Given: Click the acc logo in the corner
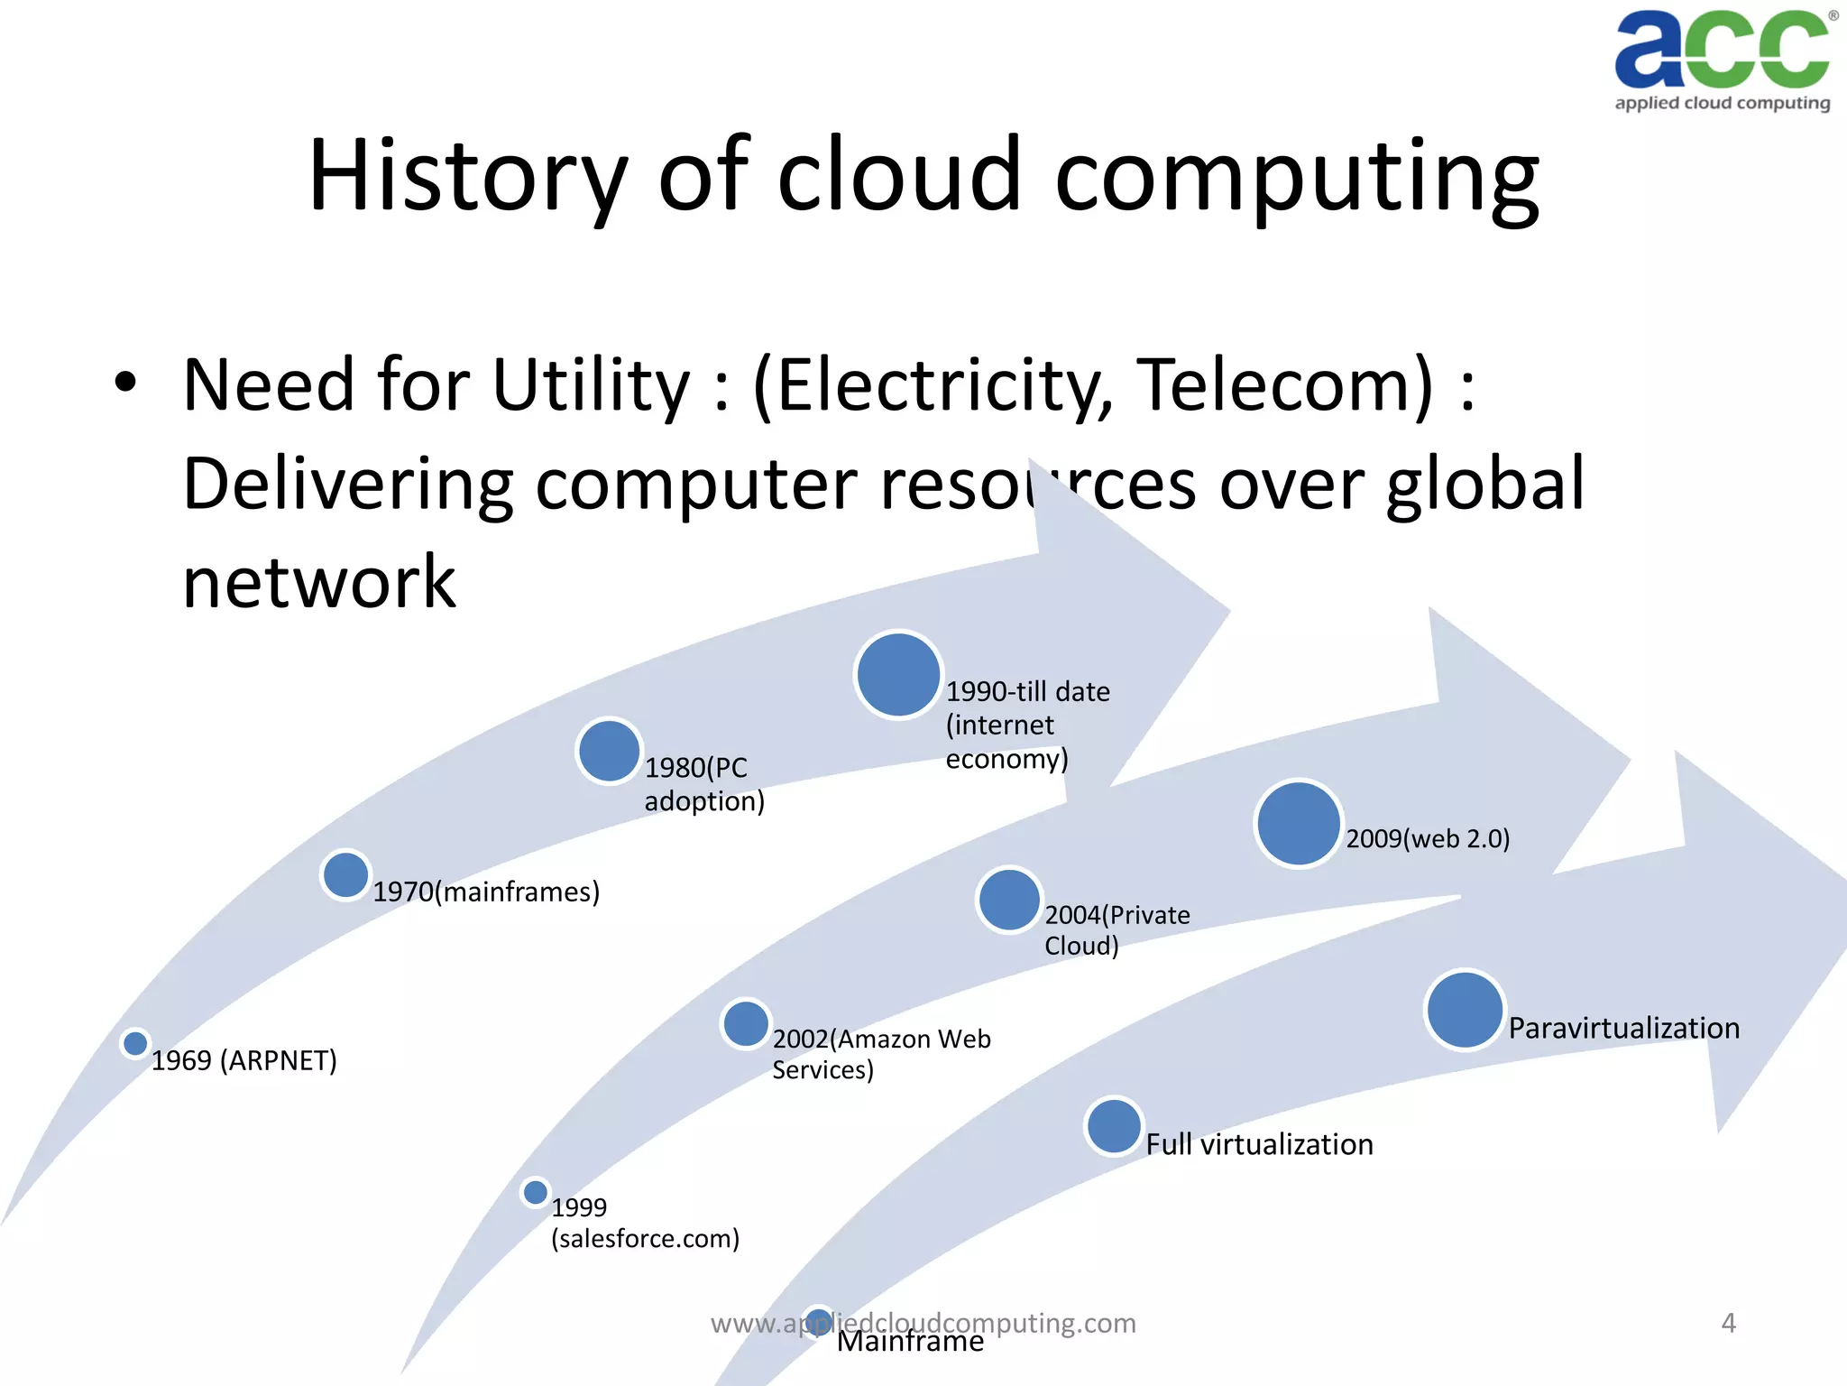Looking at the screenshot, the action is click(1722, 60).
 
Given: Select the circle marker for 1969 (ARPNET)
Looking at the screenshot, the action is click(135, 1044).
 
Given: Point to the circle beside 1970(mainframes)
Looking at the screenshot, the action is click(345, 875).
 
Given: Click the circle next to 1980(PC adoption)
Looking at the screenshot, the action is click(609, 751).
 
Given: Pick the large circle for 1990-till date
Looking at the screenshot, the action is click(898, 675).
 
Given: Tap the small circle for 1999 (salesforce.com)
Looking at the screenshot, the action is click(536, 1192).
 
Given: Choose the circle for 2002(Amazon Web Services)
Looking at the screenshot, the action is click(746, 1024).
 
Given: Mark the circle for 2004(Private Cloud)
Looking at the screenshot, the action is click(1009, 900).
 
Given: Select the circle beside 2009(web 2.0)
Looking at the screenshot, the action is click(1299, 824).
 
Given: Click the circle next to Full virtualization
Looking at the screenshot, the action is click(1114, 1126).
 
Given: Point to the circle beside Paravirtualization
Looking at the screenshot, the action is click(1465, 1010).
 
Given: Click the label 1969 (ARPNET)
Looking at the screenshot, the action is click(244, 1060).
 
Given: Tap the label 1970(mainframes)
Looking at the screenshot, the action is click(486, 892).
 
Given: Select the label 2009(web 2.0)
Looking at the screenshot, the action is click(1428, 838).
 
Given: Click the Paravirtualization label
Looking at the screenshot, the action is click(1623, 1028).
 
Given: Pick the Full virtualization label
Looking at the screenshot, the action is click(1259, 1144).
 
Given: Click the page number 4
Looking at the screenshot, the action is click(1728, 1323).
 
